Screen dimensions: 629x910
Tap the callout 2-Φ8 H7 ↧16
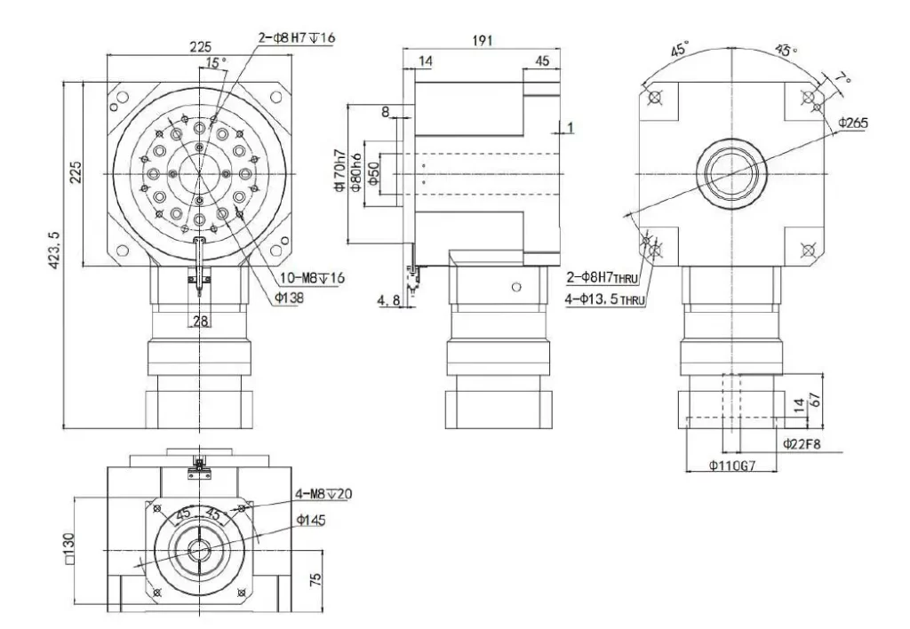[x=297, y=36]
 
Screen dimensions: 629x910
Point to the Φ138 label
[x=290, y=297]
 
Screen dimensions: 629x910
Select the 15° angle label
[x=215, y=63]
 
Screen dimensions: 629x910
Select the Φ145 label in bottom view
[x=311, y=520]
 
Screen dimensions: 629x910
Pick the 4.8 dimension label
[x=388, y=301]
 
